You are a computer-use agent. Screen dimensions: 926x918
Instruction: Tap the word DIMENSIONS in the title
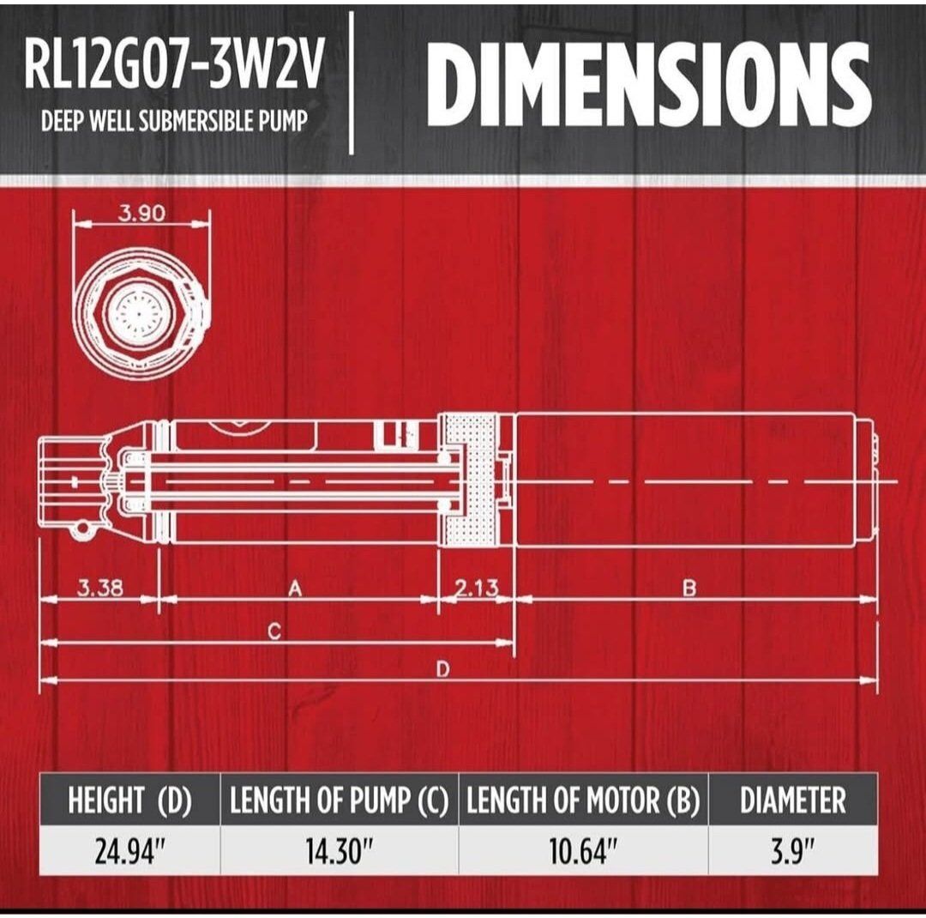tap(648, 84)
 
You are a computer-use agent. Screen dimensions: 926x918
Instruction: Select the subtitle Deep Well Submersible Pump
tap(175, 121)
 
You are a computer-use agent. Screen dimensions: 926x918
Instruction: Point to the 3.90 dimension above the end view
tap(141, 213)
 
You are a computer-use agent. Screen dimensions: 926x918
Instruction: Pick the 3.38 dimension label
tap(100, 588)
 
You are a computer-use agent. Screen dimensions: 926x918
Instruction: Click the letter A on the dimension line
tap(295, 589)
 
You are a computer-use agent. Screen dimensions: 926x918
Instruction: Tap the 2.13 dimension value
tap(477, 588)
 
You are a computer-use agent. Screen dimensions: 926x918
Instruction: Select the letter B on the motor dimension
tap(689, 589)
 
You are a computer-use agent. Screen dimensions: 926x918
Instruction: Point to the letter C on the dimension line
tap(274, 632)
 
